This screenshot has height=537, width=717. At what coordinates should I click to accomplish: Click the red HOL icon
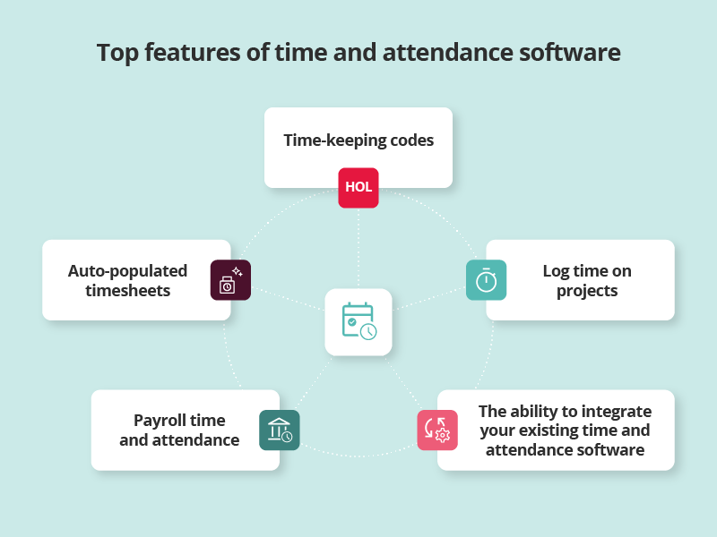pos(358,188)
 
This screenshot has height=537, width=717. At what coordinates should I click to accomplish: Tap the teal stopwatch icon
pos(486,280)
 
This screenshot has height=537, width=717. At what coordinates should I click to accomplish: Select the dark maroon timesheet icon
pos(230,280)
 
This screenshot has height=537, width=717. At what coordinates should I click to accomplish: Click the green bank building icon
pos(280,430)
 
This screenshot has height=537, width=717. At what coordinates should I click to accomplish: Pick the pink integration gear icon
pos(437,430)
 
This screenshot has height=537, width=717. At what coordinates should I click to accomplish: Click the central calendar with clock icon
pos(358,321)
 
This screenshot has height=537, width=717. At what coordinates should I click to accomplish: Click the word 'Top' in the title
pos(117,53)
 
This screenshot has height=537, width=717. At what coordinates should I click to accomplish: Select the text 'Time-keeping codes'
pos(358,141)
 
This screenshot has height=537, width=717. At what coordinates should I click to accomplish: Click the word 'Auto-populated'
pos(127,270)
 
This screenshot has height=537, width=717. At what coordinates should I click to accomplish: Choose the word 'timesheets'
pos(127,290)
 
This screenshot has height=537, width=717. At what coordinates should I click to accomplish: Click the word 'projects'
pos(587,290)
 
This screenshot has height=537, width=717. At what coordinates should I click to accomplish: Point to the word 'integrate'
pos(615,412)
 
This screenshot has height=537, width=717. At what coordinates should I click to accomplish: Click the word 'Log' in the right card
pos(556,270)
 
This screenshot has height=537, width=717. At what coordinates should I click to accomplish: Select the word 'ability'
pos(532,412)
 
